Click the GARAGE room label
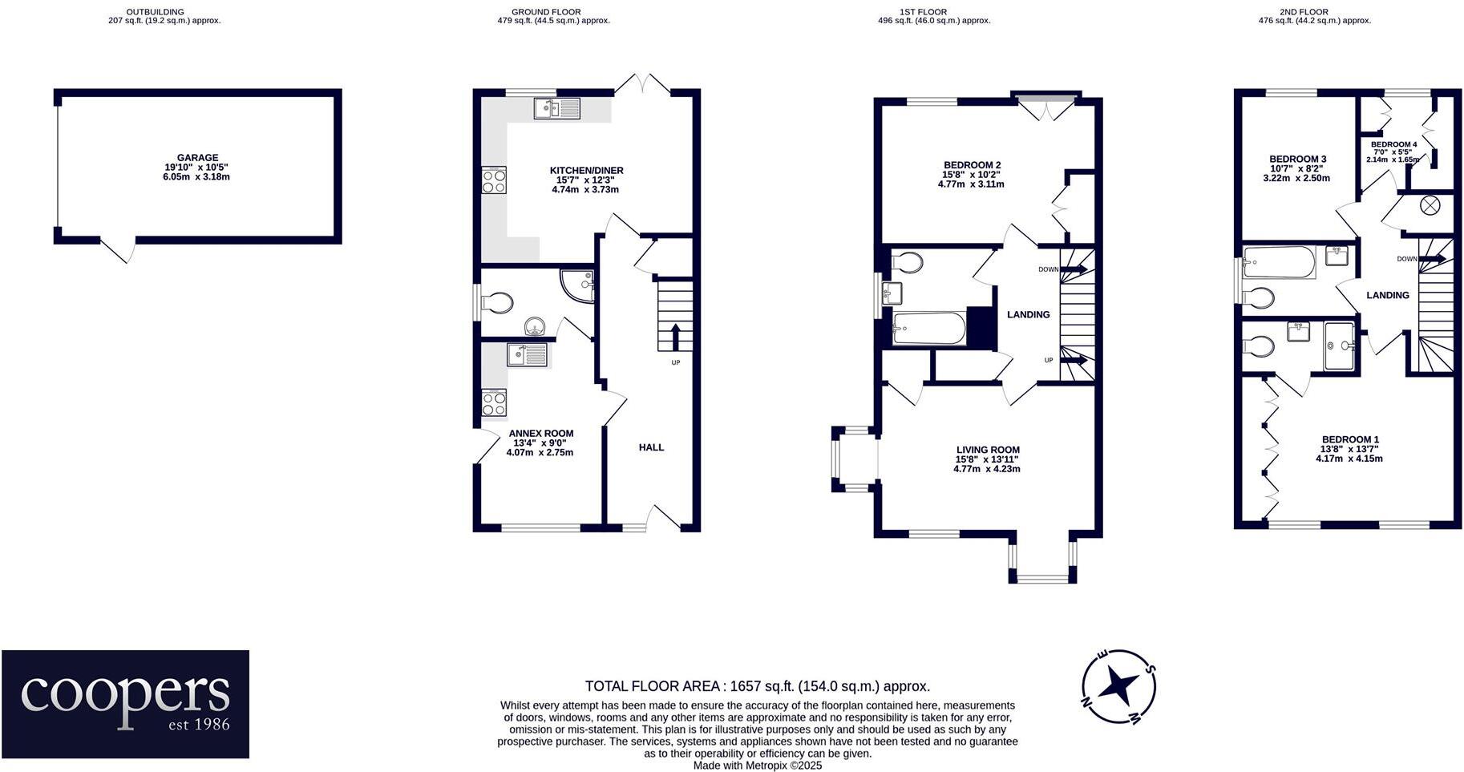click(x=197, y=158)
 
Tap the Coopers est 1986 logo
click(x=125, y=704)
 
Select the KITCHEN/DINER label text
click(x=586, y=171)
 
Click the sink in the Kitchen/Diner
click(x=556, y=108)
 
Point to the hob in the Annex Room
click(x=494, y=402)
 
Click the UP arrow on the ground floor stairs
click(x=675, y=337)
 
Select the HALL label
click(x=651, y=447)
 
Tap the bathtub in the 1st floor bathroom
click(x=929, y=328)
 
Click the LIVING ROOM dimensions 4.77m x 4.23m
click(x=986, y=469)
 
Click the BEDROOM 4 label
click(x=1393, y=144)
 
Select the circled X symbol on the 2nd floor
click(x=1430, y=205)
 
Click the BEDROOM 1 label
click(x=1350, y=439)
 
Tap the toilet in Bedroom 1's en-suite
click(x=1257, y=346)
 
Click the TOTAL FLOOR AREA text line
click(x=757, y=686)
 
